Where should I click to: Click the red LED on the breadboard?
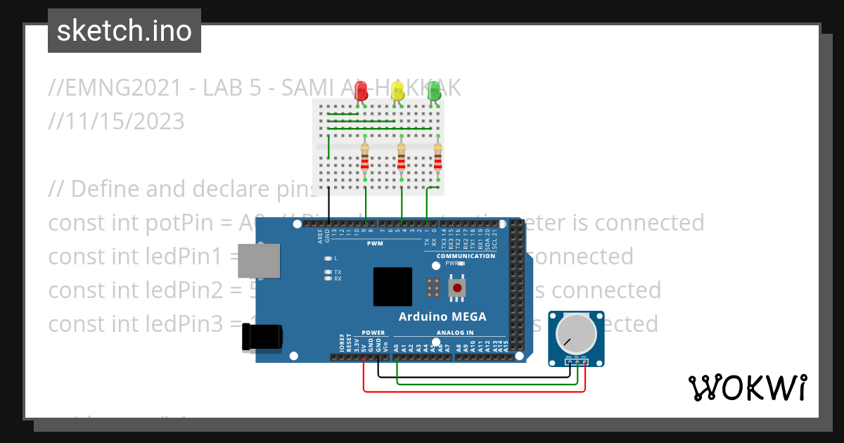point(362,91)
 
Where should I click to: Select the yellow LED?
point(397,91)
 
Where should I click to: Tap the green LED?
point(434,91)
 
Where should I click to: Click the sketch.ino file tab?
point(124,31)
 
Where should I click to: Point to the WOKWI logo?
point(747,387)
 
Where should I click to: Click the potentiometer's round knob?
point(575,334)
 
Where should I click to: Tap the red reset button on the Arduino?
point(459,287)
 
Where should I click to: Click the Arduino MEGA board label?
point(442,316)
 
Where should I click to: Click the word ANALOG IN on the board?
point(455,333)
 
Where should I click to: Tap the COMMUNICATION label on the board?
point(466,256)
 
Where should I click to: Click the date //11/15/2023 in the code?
point(117,121)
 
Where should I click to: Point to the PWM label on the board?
point(374,243)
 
